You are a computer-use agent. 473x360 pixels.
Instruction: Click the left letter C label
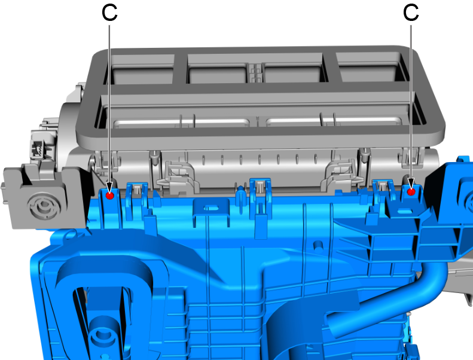pyautogui.click(x=109, y=13)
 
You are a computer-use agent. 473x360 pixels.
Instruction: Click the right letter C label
pyautogui.click(x=411, y=13)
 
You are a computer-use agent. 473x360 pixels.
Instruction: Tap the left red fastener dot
pyautogui.click(x=110, y=196)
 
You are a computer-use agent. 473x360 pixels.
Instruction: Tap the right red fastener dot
pyautogui.click(x=411, y=191)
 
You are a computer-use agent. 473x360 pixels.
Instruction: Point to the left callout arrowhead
pyautogui.click(x=109, y=186)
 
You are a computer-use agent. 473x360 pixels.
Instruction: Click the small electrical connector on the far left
pyautogui.click(x=37, y=148)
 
